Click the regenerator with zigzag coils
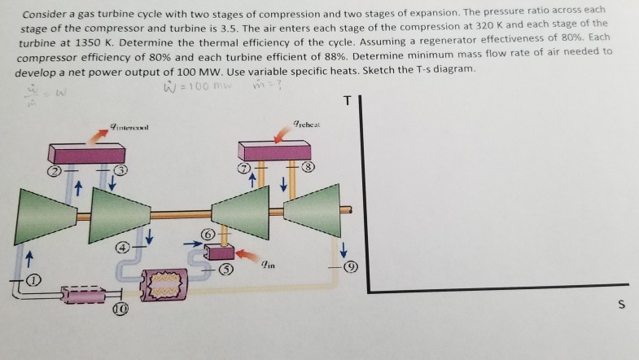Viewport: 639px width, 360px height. coord(169,283)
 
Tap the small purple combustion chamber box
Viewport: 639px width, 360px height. coord(218,252)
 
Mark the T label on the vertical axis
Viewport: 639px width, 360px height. coord(348,101)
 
